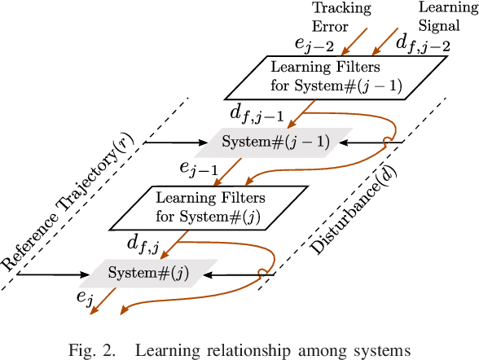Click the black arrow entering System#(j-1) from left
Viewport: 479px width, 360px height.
coord(176,143)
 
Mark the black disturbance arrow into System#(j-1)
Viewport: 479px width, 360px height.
coord(371,143)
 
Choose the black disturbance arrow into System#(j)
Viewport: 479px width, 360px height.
coord(240,274)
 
